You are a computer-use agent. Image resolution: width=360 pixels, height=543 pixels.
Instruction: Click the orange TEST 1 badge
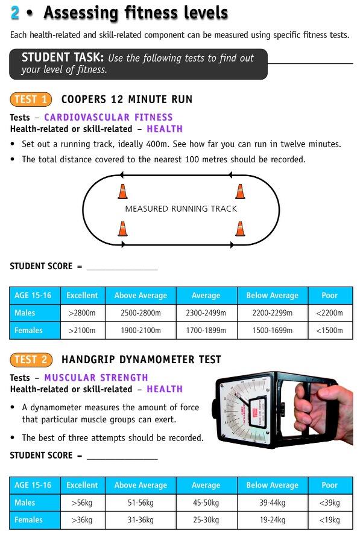coord(31,100)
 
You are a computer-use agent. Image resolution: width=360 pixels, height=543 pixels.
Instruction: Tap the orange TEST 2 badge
coord(31,360)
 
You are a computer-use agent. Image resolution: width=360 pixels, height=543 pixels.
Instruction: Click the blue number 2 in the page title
coord(15,13)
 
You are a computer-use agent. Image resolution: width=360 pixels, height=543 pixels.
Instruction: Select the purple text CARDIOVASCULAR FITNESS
coord(109,118)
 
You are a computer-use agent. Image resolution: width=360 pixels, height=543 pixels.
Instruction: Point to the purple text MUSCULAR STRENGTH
coord(96,378)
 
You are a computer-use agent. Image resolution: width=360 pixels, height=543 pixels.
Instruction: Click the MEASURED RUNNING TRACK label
coord(181,209)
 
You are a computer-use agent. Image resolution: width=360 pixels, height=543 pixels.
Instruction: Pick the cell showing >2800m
coord(82,313)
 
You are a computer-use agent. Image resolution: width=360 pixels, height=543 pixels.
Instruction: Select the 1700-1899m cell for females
coord(206,331)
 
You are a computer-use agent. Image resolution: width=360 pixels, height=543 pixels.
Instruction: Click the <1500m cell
coord(329,331)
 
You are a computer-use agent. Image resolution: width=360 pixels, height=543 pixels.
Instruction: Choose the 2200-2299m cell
coord(272,313)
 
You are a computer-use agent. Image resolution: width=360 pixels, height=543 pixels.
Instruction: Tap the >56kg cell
coord(82,503)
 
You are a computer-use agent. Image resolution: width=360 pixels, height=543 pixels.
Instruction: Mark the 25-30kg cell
coord(206,520)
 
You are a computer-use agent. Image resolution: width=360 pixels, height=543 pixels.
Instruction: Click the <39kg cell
coord(329,503)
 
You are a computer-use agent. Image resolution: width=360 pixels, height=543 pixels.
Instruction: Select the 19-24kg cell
coord(272,520)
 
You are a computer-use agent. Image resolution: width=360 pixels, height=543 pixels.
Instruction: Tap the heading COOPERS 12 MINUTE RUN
coord(127,100)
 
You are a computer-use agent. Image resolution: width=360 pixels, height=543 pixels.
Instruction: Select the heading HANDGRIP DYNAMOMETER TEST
coord(141,360)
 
